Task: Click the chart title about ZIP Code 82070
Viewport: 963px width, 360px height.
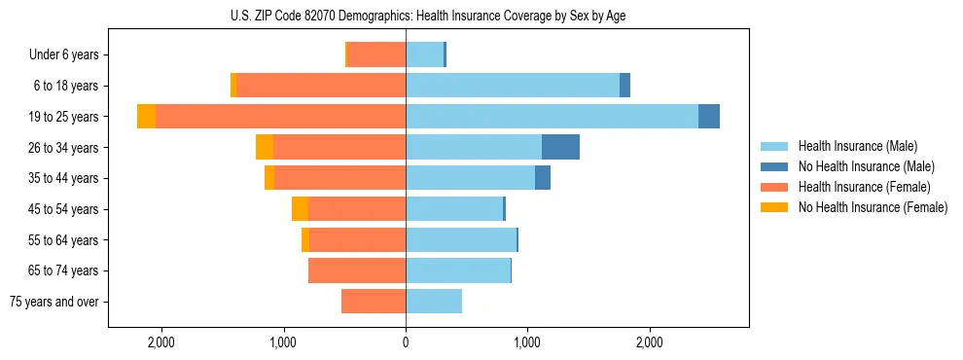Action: tap(428, 15)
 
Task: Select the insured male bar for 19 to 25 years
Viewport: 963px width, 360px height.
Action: tap(552, 117)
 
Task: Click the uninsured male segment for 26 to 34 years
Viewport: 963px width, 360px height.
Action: tap(560, 147)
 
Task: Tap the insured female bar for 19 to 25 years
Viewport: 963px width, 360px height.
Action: tap(280, 117)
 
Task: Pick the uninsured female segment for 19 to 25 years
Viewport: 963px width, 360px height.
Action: tap(146, 117)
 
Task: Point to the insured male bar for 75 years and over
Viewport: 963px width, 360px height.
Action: tap(434, 302)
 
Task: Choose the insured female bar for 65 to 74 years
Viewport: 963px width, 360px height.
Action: tap(357, 270)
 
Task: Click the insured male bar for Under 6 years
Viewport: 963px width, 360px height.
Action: tap(424, 54)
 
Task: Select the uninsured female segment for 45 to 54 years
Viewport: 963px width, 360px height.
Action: tap(300, 209)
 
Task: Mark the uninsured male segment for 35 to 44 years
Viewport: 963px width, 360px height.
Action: tap(543, 178)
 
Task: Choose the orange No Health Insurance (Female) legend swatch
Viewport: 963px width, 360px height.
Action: tap(774, 207)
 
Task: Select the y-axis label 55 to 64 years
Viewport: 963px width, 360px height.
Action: tap(64, 240)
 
